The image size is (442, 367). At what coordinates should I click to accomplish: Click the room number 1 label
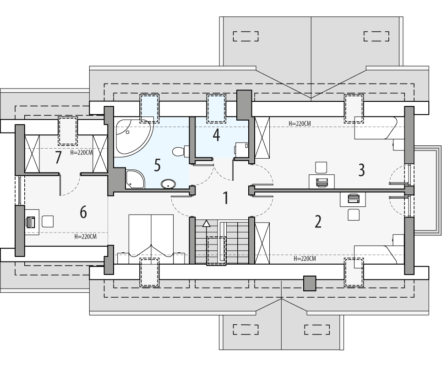tap(225, 198)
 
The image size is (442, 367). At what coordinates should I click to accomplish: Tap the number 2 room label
tap(318, 222)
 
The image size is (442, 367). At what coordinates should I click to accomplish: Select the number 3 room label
tap(361, 170)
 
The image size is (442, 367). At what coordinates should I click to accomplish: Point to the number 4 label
tap(216, 135)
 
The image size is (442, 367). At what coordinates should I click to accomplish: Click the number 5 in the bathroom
tap(157, 165)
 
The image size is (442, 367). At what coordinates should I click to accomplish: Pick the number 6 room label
tap(83, 212)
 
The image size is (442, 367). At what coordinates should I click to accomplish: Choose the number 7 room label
tap(58, 158)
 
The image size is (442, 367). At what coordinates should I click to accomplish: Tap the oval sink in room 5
tap(168, 184)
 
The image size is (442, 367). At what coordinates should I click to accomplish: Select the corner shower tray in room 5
tap(134, 179)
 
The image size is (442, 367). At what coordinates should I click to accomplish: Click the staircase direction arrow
tap(207, 223)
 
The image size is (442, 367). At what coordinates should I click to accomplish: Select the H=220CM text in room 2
tap(305, 259)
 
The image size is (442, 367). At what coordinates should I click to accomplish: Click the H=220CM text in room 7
tap(82, 153)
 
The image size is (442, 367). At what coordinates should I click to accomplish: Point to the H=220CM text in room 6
tap(86, 237)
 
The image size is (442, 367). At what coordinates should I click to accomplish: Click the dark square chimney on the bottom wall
tap(310, 283)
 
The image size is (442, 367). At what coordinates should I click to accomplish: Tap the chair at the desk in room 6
tap(48, 222)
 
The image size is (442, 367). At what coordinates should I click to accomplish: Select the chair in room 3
tap(321, 167)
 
